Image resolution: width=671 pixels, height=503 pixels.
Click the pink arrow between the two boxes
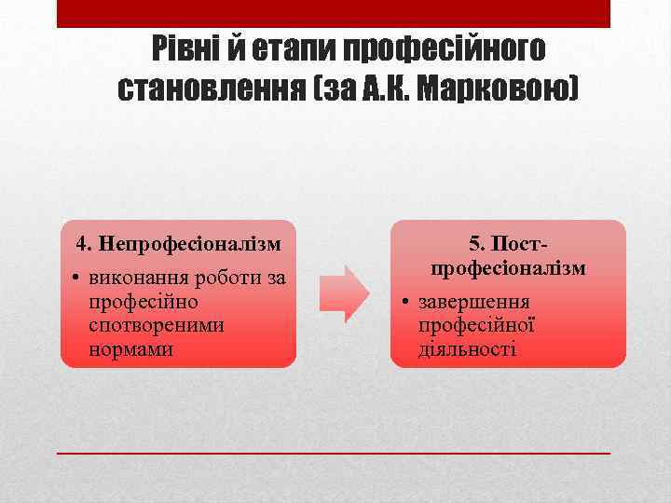coord(344,293)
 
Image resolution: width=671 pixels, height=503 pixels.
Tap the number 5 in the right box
coord(474,244)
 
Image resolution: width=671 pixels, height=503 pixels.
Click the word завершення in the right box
coord(474,302)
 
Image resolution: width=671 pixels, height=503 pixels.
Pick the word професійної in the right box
coord(476,326)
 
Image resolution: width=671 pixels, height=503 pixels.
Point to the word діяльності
coord(468,350)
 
